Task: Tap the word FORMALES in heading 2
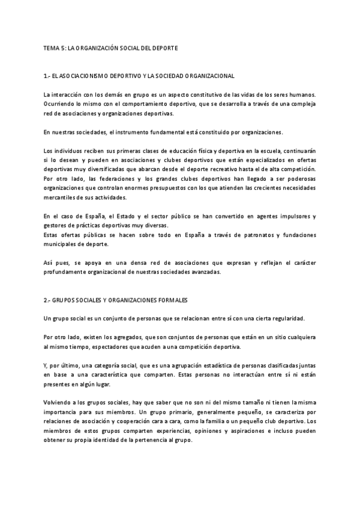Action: (x=188, y=298)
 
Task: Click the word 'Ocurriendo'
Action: (x=59, y=104)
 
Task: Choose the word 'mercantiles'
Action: (x=59, y=197)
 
